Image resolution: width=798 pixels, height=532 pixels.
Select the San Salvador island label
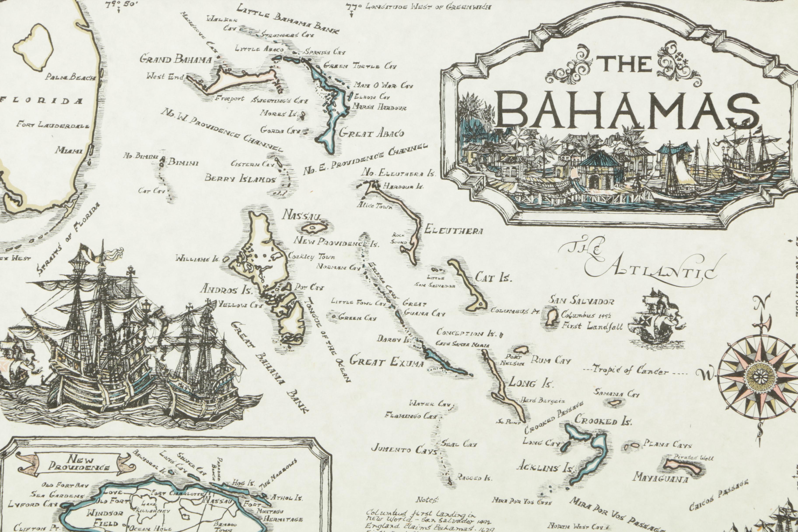click(x=582, y=301)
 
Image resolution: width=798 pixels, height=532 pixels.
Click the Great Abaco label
click(x=371, y=133)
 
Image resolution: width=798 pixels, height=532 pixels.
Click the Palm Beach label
click(x=71, y=78)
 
